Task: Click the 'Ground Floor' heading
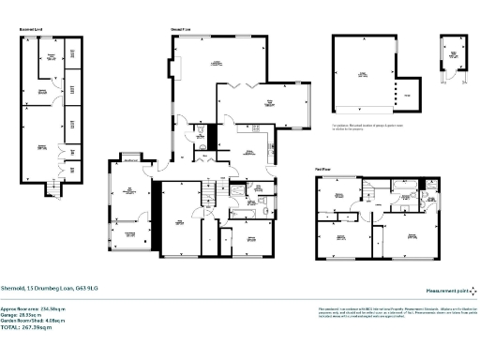pos(181,32)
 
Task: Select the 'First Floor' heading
pos(323,171)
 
